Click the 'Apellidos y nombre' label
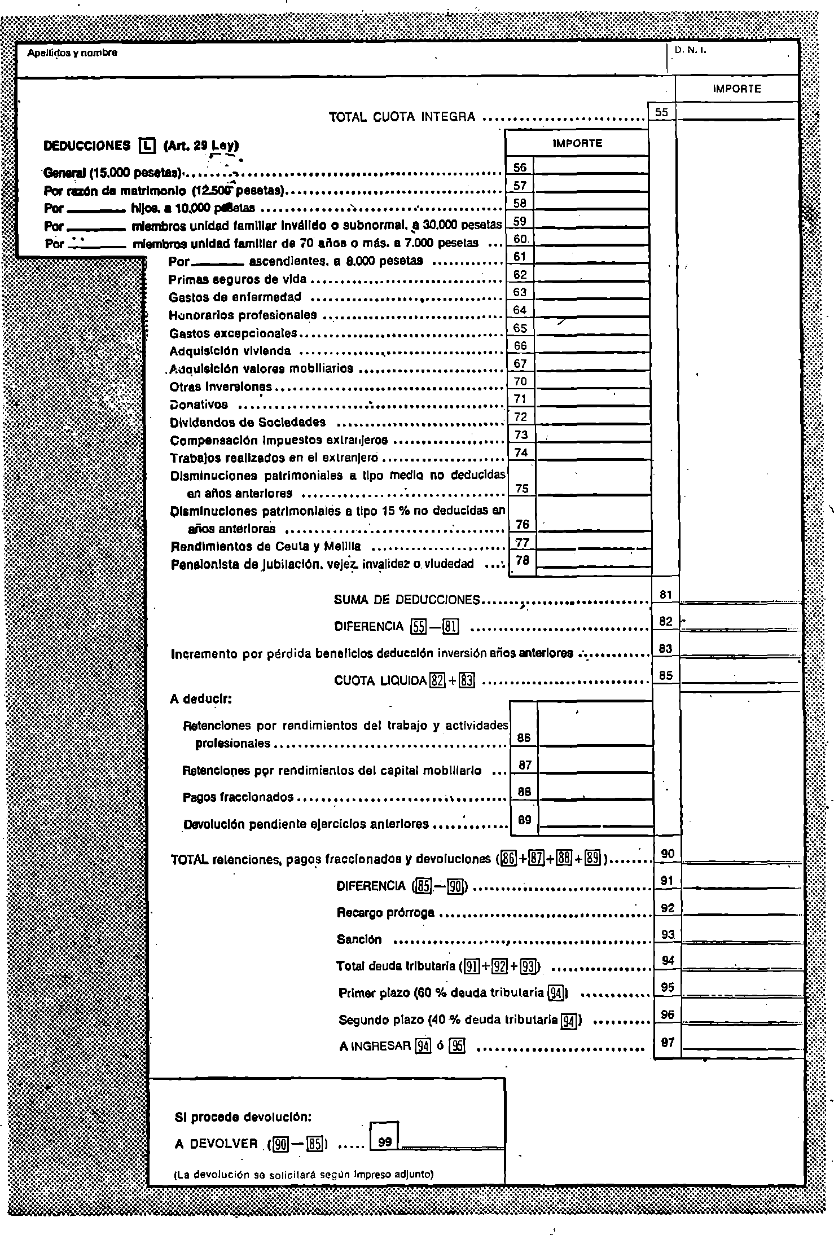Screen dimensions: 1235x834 72,53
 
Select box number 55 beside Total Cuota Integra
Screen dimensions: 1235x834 662,112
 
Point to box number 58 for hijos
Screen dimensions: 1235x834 520,203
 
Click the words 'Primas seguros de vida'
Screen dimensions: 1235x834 238,279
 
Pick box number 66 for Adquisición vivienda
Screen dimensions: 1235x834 520,346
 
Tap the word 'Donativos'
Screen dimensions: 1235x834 199,405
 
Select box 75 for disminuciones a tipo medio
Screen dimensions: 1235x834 522,489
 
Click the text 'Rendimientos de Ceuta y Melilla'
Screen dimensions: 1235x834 266,547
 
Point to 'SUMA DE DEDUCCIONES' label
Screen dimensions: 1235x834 407,600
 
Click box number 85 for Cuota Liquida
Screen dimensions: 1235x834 666,675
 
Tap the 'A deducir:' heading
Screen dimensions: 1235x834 201,699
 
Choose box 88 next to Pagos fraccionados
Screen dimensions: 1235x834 524,792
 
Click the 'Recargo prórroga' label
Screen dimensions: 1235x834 385,912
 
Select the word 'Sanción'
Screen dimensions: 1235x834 359,940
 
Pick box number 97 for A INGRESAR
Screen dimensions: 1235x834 668,1043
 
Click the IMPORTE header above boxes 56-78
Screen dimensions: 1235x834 577,143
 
